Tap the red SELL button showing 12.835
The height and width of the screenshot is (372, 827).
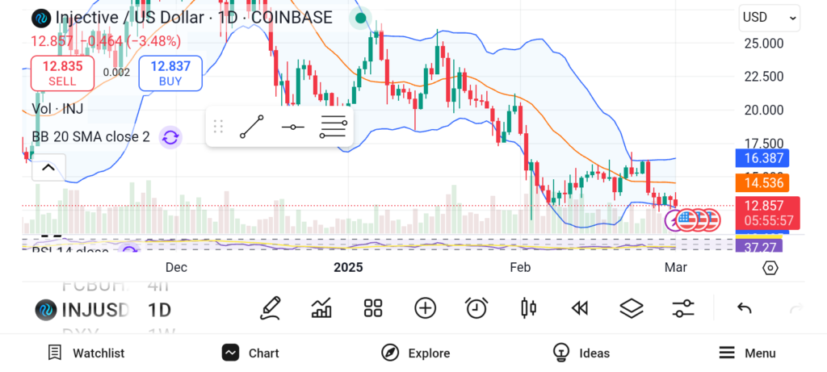tap(62, 73)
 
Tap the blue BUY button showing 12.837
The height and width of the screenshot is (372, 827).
tap(170, 73)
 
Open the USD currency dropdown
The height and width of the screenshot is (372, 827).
tap(769, 18)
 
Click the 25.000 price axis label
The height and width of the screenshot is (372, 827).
tap(763, 43)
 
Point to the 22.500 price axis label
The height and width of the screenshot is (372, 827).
tap(763, 77)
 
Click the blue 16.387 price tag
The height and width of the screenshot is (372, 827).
tap(762, 159)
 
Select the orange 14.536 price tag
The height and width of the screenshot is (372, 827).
tap(762, 183)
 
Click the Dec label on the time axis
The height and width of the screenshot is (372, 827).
tap(176, 267)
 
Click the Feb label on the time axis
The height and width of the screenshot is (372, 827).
tap(519, 267)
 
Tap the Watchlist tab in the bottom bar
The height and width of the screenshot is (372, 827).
tap(86, 353)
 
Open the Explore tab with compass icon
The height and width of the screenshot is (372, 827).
tap(415, 353)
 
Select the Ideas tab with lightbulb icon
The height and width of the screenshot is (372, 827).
tap(581, 353)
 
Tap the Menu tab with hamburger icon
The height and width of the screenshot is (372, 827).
tap(747, 353)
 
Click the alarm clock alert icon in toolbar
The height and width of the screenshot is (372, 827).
tap(476, 307)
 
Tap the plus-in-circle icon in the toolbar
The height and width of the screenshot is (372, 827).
tap(425, 307)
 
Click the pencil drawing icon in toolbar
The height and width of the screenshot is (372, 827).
tap(271, 307)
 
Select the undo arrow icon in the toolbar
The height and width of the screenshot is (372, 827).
tap(745, 307)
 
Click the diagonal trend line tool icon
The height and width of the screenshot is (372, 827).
tap(252, 127)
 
